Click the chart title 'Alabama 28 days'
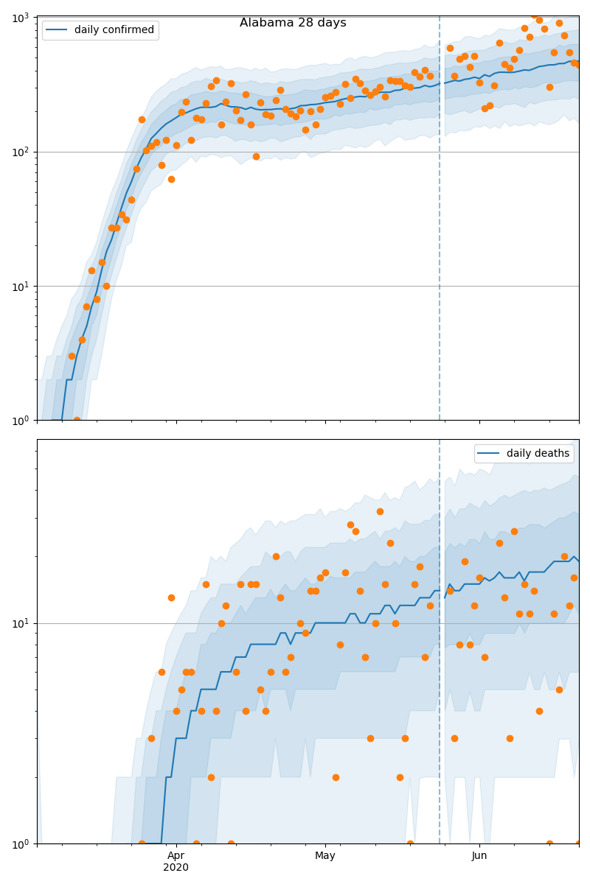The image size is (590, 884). (293, 23)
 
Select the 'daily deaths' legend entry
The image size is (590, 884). (538, 454)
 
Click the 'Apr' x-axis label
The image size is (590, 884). (176, 855)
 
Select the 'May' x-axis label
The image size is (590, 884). (325, 855)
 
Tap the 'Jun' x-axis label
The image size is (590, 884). (479, 855)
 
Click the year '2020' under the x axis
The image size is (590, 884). (176, 867)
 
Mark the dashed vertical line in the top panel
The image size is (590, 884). (440, 221)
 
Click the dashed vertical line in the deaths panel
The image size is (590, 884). (440, 663)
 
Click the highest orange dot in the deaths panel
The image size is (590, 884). (380, 511)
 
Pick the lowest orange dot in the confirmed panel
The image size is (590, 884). (77, 420)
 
